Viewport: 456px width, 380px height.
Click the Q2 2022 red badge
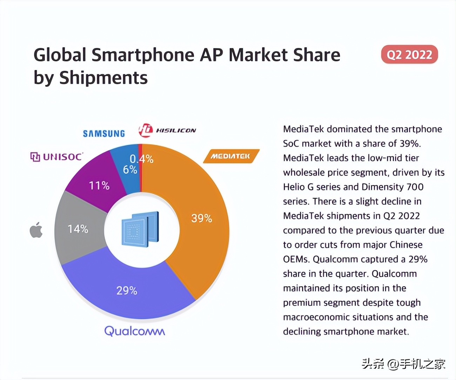409,54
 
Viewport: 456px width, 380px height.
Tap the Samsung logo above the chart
104,133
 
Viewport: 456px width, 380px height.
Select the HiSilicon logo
167,130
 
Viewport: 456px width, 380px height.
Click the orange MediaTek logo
231,156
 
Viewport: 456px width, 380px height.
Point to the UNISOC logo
57,157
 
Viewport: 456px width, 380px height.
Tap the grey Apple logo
36,230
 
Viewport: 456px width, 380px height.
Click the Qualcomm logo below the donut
135,331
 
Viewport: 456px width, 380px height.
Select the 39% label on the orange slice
201,218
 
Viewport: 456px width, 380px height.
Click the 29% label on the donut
127,290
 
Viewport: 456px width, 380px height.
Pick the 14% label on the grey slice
78,229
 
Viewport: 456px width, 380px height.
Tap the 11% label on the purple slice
99,185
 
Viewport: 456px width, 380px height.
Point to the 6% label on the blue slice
130,170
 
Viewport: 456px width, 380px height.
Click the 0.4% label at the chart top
142,159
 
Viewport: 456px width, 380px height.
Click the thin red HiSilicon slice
140,149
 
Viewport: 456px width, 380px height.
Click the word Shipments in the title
103,78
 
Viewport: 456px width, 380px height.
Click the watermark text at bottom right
403,364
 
